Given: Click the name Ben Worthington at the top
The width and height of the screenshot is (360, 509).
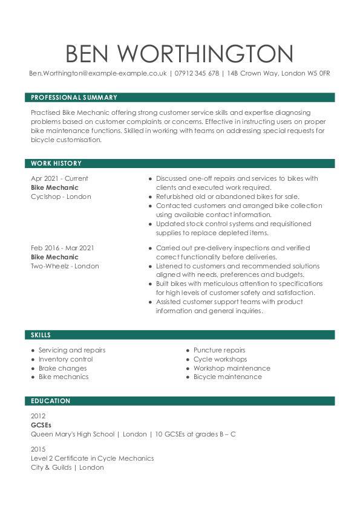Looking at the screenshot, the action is coord(180,53).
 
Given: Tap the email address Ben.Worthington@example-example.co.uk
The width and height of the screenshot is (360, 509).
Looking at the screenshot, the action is coord(98,73).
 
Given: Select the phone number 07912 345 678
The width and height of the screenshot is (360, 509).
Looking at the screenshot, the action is coord(197,73).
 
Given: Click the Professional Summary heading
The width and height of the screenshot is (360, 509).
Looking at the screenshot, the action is coord(74,97).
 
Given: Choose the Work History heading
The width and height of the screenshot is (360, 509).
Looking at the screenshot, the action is coord(56,163).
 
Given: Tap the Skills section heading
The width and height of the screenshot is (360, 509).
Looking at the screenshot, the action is coord(41,335).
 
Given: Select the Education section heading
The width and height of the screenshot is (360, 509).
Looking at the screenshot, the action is coord(51,401).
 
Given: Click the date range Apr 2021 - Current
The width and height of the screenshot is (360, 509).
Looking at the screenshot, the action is coord(59,178).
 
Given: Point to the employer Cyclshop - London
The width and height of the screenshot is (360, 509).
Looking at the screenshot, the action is coord(61,196).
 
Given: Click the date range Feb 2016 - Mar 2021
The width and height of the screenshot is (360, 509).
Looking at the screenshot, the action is coord(62,248).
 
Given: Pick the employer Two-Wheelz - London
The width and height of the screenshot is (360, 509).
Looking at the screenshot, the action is coord(65,266).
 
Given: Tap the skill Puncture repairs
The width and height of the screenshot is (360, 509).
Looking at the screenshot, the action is coord(219,350).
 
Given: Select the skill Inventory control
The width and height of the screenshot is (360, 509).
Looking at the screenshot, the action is coord(65,359).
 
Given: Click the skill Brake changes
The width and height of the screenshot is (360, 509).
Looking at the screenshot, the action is coord(62,368).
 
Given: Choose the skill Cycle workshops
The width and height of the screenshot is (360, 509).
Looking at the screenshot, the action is coord(220,359).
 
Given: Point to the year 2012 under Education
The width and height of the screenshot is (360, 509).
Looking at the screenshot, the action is coord(38,416).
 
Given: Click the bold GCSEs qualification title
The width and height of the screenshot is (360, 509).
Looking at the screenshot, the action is coord(41,425).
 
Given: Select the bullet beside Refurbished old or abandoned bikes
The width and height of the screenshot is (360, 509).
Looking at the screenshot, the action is coord(150,196).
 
